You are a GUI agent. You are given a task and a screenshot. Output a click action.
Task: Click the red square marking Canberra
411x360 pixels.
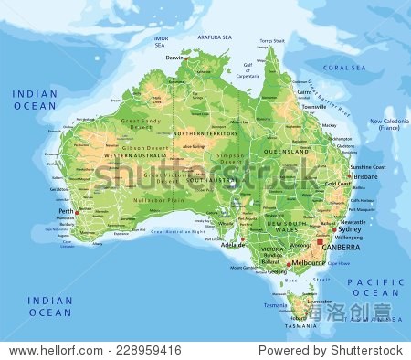click(320, 241)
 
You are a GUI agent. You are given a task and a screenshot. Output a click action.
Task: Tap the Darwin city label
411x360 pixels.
click(174, 57)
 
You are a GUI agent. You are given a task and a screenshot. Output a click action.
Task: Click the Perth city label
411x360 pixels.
click(65, 210)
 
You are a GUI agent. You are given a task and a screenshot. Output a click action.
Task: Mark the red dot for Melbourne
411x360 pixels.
click(290, 263)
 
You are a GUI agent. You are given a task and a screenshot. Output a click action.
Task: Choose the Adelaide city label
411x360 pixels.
click(233, 244)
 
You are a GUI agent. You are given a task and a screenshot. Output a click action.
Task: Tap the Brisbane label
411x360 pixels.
click(366, 176)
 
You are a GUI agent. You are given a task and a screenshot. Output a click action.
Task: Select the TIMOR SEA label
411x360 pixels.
click(160, 41)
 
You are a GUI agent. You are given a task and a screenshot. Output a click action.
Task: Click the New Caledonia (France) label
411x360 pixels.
click(389, 124)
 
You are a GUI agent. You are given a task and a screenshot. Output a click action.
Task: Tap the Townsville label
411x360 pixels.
click(313, 107)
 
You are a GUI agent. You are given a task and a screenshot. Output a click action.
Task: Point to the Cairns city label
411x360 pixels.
click(302, 91)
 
